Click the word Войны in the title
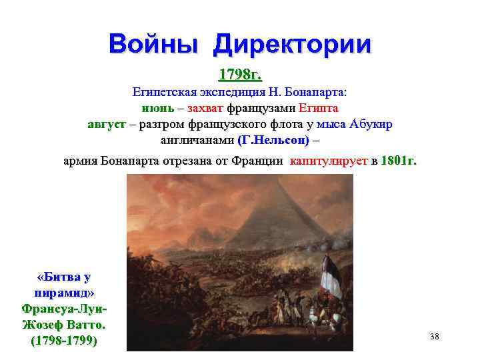pos(155,44)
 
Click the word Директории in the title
pos(293,45)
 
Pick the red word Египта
pos(319,108)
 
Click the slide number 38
pos(435,337)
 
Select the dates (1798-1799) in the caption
pos(64,341)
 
